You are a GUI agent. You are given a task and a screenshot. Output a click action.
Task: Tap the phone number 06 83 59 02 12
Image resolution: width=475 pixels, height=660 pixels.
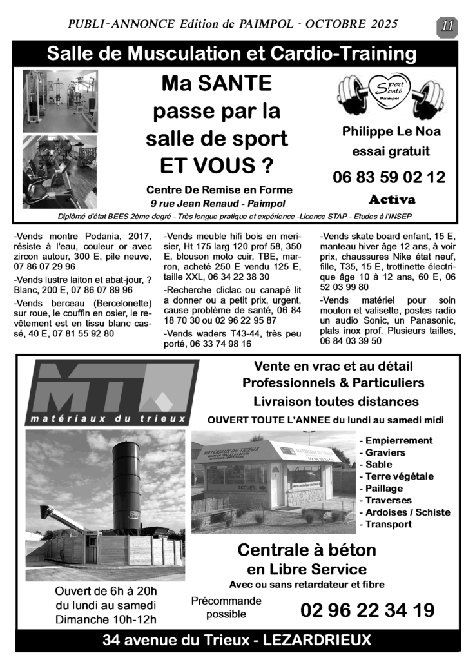389,177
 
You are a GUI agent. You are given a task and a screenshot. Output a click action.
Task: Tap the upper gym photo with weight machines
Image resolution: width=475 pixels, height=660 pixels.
60,100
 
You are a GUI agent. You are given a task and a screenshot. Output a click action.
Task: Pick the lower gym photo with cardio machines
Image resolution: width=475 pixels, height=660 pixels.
60,171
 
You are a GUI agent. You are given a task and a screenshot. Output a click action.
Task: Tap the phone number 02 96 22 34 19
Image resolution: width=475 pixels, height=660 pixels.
367,610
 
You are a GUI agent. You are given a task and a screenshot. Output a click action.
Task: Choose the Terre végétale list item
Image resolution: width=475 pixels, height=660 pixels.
399,476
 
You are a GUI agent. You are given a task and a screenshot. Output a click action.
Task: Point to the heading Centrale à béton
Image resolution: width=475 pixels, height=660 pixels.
306,550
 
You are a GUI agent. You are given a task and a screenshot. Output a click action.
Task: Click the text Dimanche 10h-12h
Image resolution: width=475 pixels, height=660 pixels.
106,619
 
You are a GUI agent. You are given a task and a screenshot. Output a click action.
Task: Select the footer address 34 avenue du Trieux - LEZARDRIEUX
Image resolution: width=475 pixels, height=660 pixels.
237,640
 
